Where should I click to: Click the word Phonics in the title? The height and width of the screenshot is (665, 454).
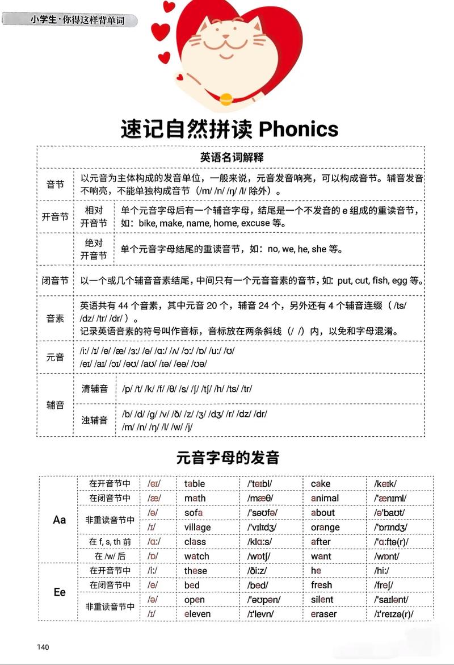click(x=299, y=129)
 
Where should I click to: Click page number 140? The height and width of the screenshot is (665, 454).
click(x=43, y=647)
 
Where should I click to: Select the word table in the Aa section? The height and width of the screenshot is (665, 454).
click(x=195, y=484)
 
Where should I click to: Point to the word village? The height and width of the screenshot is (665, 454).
click(x=197, y=527)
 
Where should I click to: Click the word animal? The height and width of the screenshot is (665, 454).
click(x=325, y=498)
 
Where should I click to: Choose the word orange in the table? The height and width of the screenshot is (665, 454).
click(x=325, y=527)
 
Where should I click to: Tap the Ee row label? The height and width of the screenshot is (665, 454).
click(x=60, y=592)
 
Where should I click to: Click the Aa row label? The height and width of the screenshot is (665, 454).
click(x=60, y=520)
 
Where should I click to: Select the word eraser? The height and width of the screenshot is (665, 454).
click(x=323, y=614)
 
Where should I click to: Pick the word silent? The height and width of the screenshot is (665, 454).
click(x=322, y=600)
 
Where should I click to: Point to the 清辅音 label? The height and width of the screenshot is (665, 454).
click(x=95, y=389)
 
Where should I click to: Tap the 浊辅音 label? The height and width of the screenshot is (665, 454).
click(x=95, y=420)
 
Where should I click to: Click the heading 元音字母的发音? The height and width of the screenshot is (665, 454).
click(x=228, y=457)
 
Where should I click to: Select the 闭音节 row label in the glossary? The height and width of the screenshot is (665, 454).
click(x=55, y=281)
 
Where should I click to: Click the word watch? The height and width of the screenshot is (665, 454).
click(x=196, y=557)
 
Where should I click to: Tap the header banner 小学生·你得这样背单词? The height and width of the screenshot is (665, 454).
click(x=77, y=20)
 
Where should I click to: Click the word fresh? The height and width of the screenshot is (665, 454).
click(x=321, y=585)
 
